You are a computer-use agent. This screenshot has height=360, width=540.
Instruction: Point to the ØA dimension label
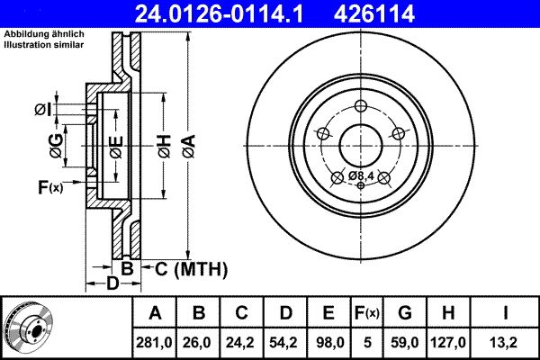click(x=187, y=144)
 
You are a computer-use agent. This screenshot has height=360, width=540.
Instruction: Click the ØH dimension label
click(x=163, y=144)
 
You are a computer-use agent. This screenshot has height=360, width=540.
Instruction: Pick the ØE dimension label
click(x=117, y=145)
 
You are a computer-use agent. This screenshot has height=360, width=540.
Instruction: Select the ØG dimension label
click(x=57, y=145)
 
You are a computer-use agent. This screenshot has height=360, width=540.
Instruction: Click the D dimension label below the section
click(x=112, y=284)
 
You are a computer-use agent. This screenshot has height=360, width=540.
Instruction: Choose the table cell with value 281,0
click(x=155, y=342)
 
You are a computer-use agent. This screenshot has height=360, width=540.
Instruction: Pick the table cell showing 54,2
click(x=285, y=342)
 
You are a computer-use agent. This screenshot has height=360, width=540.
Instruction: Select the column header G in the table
click(x=404, y=313)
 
